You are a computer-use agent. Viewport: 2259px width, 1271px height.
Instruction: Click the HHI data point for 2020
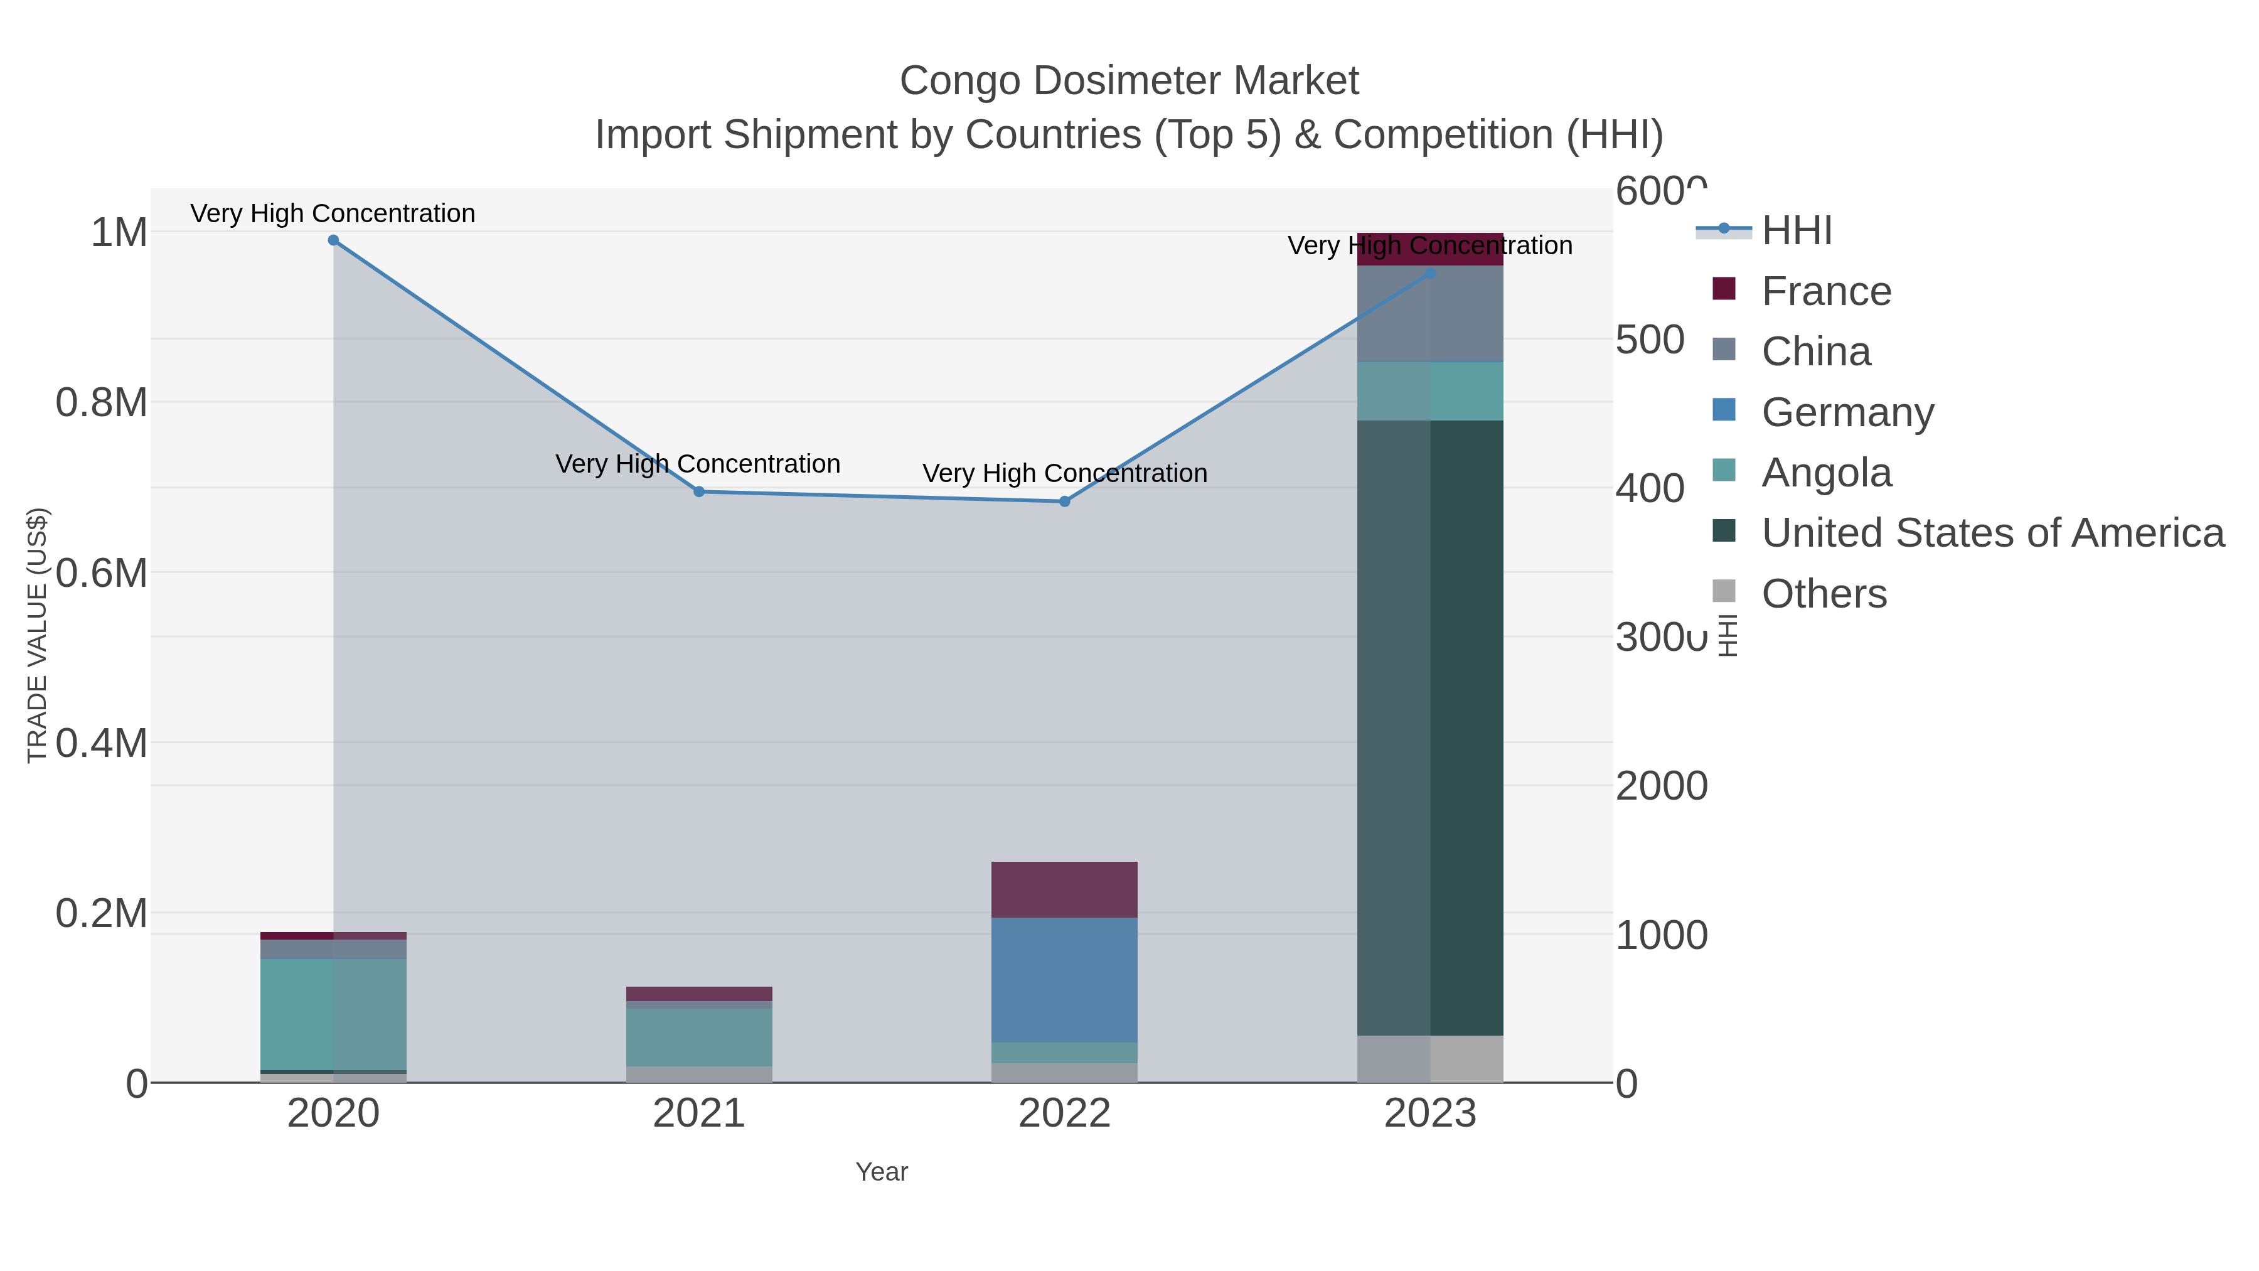coord(333,240)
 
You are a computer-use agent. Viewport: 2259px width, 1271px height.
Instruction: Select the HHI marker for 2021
coord(699,492)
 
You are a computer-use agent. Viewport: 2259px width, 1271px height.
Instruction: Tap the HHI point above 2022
coord(1065,501)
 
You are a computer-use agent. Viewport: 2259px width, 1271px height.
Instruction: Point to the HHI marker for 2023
coord(1430,274)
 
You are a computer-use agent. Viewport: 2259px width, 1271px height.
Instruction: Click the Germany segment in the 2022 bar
coord(1065,980)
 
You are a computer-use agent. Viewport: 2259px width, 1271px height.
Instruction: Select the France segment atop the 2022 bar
coord(1065,889)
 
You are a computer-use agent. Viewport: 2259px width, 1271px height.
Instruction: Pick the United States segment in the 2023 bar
coord(1430,728)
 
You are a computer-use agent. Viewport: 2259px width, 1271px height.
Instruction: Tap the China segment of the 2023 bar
coord(1430,314)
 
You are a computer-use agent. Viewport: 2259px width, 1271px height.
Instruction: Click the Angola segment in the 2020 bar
coord(333,1014)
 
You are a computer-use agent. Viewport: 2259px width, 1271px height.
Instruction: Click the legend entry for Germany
coord(1847,412)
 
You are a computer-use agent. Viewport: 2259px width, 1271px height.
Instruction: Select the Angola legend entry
coord(1826,473)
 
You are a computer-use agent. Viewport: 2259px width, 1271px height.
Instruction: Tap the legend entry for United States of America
coord(1992,534)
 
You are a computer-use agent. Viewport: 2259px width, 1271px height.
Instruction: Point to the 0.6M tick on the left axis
coord(102,574)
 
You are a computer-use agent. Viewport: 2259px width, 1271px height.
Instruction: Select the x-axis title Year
coord(882,1172)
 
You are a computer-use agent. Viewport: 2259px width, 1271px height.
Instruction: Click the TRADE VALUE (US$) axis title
coord(38,635)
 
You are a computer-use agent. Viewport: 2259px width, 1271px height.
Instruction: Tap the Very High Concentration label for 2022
coord(1065,474)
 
